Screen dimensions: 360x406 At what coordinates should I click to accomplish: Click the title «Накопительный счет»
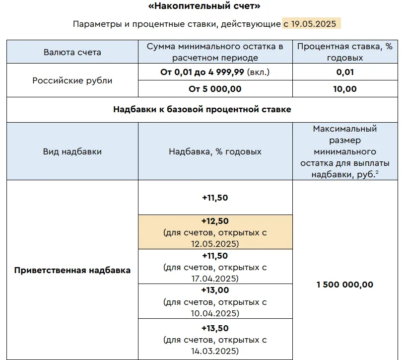click(203, 6)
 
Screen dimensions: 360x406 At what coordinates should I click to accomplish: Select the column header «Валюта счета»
click(72, 52)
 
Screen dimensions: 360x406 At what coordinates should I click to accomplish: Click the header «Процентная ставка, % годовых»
click(344, 52)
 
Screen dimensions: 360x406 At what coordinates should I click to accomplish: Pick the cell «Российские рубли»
click(72, 80)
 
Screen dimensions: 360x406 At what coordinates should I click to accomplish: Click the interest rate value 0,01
click(344, 72)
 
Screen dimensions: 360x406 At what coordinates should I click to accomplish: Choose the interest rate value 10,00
click(344, 89)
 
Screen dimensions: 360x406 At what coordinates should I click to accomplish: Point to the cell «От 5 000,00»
click(215, 89)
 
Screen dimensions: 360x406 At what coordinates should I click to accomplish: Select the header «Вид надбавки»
click(72, 151)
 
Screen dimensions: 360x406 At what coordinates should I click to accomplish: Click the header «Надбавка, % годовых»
click(215, 151)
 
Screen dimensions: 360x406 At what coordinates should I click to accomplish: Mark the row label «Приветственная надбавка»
click(72, 270)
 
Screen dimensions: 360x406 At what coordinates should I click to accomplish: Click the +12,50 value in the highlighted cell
click(215, 221)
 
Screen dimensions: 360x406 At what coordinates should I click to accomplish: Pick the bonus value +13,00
click(215, 290)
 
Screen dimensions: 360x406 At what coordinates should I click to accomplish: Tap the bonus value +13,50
click(215, 328)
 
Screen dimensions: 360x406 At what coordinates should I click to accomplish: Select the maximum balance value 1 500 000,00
click(344, 285)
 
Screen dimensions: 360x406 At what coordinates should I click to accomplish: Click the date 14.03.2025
click(215, 351)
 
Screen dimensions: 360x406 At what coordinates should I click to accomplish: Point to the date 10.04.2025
click(215, 313)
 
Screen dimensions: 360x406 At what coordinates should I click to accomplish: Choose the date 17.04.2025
click(215, 279)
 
